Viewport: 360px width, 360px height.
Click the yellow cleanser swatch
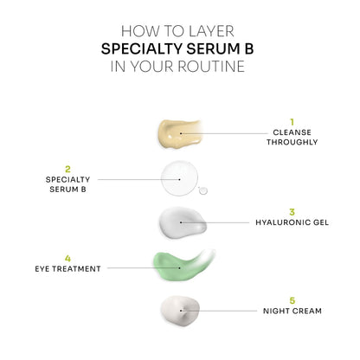point(178,132)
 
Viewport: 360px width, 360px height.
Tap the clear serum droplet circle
point(178,177)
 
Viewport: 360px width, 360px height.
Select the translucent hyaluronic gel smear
point(181,222)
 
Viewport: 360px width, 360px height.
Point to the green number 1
point(292,121)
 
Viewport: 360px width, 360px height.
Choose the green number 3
point(292,211)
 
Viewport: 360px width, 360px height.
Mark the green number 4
point(67,257)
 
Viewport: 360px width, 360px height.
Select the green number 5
point(292,299)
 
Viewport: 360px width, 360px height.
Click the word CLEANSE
point(292,132)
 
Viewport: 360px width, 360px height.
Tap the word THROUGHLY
point(292,143)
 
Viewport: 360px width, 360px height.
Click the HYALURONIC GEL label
point(292,222)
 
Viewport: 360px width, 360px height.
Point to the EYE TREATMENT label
point(67,268)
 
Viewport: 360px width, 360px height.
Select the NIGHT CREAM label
point(292,310)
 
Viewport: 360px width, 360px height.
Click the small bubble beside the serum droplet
point(204,190)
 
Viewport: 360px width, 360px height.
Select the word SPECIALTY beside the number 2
point(67,178)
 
